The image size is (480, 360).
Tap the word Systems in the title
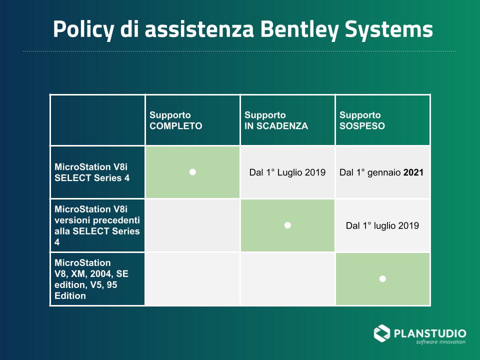(389, 29)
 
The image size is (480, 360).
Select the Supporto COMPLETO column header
(175, 120)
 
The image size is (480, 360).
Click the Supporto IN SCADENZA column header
(276, 120)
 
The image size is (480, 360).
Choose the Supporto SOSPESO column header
(362, 120)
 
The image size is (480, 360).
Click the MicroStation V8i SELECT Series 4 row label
(92, 172)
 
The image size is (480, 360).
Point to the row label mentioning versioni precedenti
(97, 225)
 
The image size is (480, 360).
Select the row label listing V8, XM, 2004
(91, 279)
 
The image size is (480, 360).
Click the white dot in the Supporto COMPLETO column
(192, 172)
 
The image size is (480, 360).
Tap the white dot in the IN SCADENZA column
(287, 225)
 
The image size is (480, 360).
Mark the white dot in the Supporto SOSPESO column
(382, 279)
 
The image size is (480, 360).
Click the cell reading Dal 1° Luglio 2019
(287, 172)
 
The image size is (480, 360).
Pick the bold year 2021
(413, 172)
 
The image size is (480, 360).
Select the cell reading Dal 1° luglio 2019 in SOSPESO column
(382, 226)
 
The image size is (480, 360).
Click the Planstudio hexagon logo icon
(381, 333)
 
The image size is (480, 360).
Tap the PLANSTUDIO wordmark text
(430, 333)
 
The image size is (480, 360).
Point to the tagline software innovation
(440, 342)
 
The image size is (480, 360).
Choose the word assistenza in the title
(199, 29)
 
